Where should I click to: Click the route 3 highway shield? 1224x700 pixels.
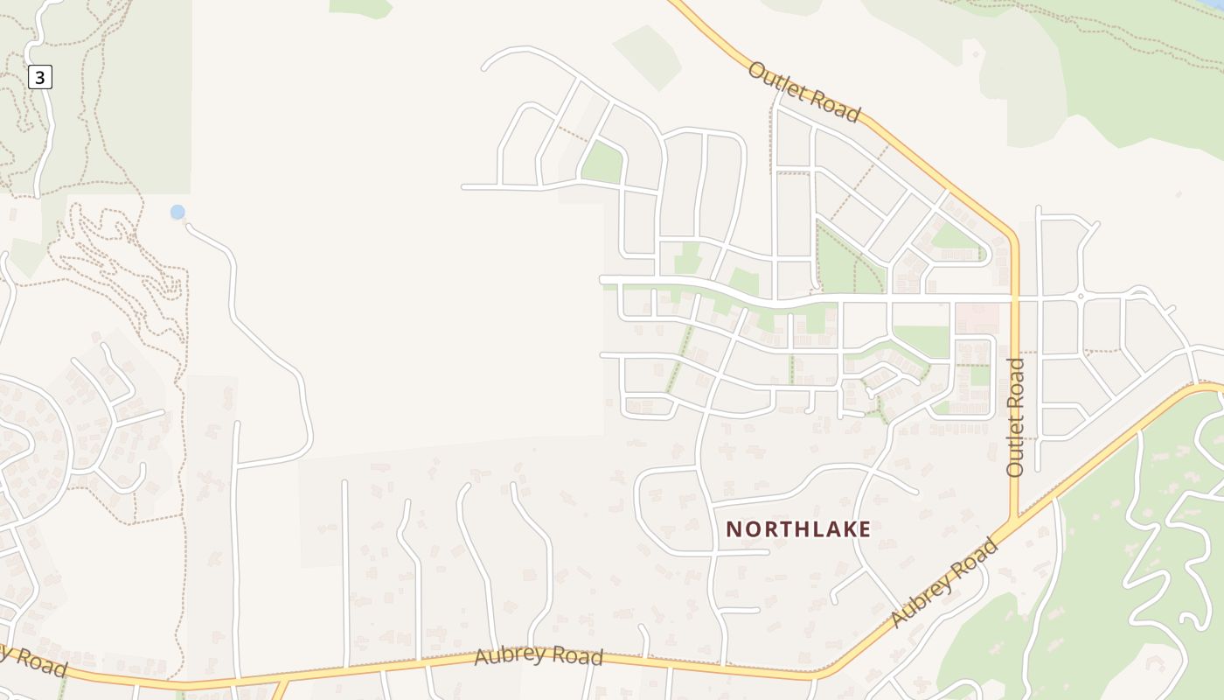(x=40, y=77)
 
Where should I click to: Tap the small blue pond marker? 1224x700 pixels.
(x=177, y=212)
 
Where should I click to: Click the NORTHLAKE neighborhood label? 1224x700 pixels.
(x=798, y=529)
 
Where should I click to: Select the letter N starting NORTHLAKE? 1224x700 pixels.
(x=733, y=529)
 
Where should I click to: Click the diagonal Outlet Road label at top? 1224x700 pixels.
(x=804, y=91)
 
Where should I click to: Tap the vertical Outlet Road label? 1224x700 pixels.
(x=1015, y=417)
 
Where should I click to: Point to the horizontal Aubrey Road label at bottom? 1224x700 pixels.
(x=539, y=656)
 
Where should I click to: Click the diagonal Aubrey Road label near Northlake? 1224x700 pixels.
(x=944, y=582)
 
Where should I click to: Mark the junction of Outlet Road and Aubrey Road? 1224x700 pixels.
(x=1015, y=522)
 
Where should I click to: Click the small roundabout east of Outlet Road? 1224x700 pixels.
(x=1081, y=297)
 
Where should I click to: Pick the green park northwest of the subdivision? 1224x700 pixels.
(x=602, y=163)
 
